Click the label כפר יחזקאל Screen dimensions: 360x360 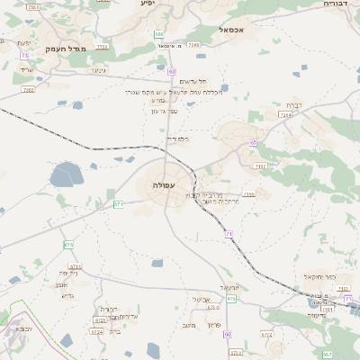click(320, 276)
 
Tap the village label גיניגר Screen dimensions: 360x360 click(99, 70)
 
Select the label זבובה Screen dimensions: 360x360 click(24, 329)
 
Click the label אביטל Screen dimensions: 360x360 click(201, 299)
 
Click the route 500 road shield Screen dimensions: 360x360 click(158, 35)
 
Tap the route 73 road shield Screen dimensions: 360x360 click(24, 56)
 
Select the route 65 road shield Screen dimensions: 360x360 click(254, 143)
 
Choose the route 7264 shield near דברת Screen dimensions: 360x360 click(286, 114)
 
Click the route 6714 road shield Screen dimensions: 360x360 click(75, 266)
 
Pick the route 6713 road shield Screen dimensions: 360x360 click(118, 204)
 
